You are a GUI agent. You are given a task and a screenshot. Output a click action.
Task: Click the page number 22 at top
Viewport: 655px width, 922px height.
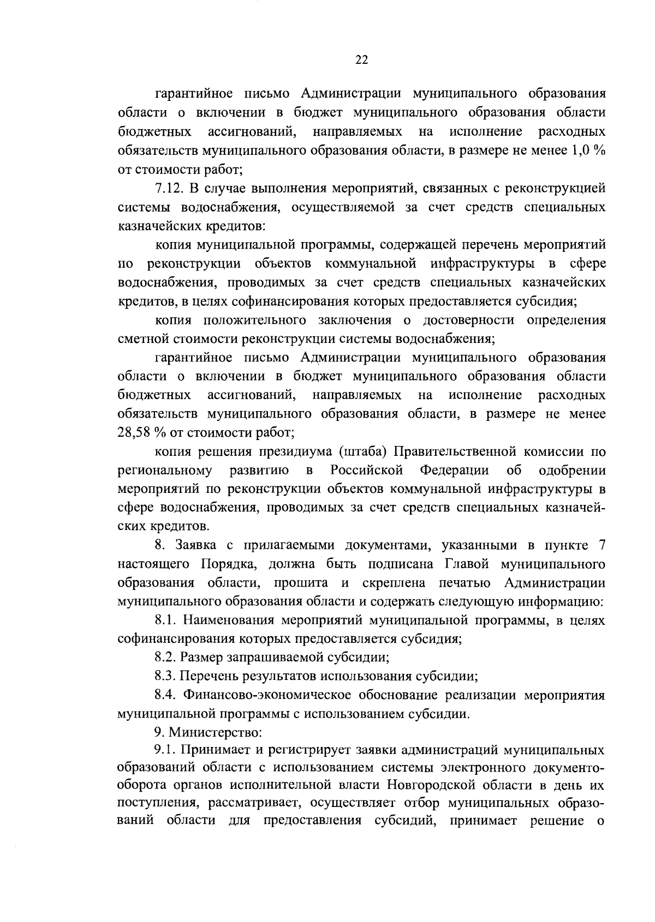[x=361, y=61]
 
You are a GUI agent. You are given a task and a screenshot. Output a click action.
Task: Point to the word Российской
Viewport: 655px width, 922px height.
[x=366, y=470]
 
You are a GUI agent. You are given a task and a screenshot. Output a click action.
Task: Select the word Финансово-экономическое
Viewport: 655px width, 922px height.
[x=270, y=695]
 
